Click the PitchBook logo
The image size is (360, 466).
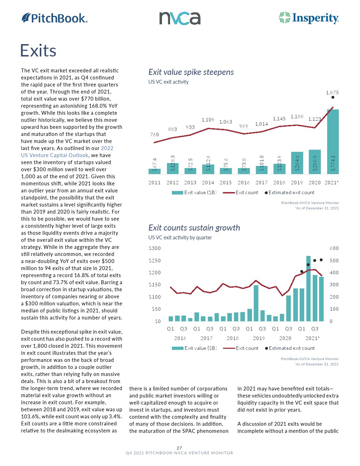pos(54,18)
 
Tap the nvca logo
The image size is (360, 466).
pos(180,18)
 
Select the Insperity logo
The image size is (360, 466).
pos(309,18)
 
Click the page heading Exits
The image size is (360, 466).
pos(38,50)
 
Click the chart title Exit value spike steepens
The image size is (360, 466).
pos(191,72)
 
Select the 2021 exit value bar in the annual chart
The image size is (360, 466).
pos(333,142)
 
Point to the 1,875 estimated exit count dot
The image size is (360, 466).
pos(333,97)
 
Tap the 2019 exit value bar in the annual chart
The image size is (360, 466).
pos(297,163)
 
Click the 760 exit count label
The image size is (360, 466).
pos(155,135)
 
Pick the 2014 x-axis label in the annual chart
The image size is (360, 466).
pos(208,183)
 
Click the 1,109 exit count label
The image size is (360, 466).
pos(208,120)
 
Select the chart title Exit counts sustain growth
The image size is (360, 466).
pos(194,228)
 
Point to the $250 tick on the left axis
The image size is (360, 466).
pos(155,261)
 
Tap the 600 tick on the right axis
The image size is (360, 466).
pos(334,248)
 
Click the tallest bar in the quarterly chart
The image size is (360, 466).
pos(308,288)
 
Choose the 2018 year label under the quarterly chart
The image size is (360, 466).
pos(233,338)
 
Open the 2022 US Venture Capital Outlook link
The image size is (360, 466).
pos(67,152)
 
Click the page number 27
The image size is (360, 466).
pos(179,448)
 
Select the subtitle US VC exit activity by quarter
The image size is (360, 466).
pos(180,238)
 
